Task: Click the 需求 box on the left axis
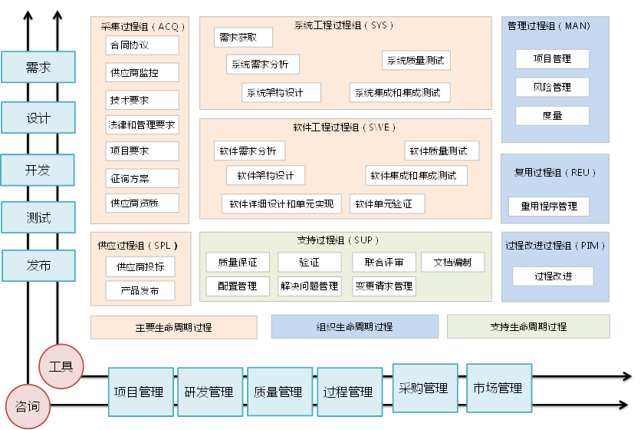click(x=38, y=67)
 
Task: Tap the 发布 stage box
click(x=38, y=266)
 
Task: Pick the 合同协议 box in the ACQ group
click(x=142, y=45)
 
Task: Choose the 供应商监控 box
click(x=142, y=72)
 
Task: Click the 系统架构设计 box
click(x=273, y=93)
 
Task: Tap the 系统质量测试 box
click(x=415, y=60)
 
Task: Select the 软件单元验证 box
click(x=387, y=203)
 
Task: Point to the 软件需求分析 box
click(x=247, y=150)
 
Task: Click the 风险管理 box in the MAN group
click(x=552, y=88)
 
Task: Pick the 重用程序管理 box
click(x=549, y=206)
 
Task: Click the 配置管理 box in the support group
click(x=238, y=286)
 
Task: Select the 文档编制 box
click(x=452, y=262)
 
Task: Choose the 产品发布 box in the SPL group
click(x=140, y=291)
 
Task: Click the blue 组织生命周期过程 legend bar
click(x=354, y=326)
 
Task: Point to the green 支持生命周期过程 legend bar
click(x=528, y=326)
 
